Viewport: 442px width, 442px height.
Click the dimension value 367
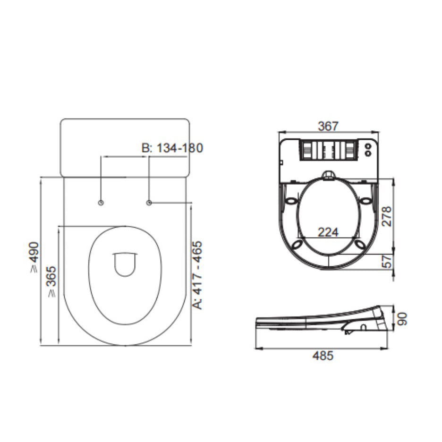tap(328, 126)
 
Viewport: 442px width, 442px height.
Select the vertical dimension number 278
tap(387, 216)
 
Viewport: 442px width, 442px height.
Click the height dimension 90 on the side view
tap(402, 318)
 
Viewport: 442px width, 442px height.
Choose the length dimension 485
tap(323, 356)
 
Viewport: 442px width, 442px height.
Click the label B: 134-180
tap(172, 148)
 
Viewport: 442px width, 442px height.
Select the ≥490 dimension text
tap(34, 258)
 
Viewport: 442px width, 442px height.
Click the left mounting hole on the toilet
tap(101, 203)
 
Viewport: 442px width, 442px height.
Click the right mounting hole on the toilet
tap(149, 203)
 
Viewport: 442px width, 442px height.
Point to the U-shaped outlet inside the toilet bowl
tap(125, 264)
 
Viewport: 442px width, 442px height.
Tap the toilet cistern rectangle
tap(125, 147)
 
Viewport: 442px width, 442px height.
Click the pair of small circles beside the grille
tap(368, 149)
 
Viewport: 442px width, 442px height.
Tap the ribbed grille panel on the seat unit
tap(327, 150)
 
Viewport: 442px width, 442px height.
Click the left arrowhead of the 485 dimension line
tap(257, 348)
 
